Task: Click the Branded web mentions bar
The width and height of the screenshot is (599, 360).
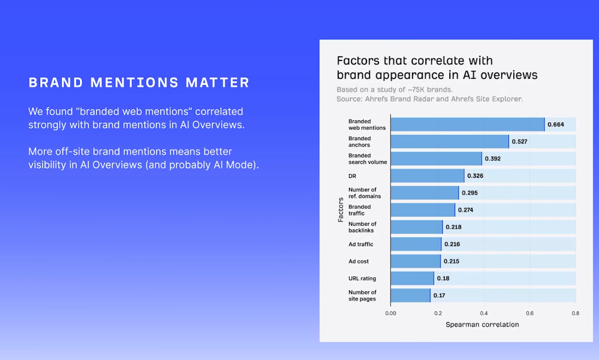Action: [x=467, y=124]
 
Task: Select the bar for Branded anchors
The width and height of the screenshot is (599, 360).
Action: [x=450, y=142]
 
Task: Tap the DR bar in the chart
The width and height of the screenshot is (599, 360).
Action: [x=427, y=176]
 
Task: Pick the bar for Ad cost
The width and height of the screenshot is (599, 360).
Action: [x=415, y=261]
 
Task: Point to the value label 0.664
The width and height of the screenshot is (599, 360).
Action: [x=556, y=124]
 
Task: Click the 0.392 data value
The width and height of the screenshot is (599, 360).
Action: [x=493, y=159]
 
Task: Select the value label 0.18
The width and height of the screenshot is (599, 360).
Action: [x=443, y=278]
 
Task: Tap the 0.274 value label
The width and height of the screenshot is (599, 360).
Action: [x=465, y=210]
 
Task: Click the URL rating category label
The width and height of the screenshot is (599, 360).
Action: [x=362, y=278]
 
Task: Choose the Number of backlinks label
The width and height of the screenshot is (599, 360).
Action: [x=362, y=227]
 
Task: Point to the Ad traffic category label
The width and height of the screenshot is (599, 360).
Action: [x=361, y=244]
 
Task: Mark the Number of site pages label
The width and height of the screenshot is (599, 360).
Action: [x=362, y=295]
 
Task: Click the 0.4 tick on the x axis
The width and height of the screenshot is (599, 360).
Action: [x=483, y=313]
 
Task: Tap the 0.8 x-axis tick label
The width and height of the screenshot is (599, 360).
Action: [x=576, y=313]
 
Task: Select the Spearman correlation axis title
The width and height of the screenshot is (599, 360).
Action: [x=482, y=325]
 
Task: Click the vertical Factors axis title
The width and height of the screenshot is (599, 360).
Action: [x=341, y=210]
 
